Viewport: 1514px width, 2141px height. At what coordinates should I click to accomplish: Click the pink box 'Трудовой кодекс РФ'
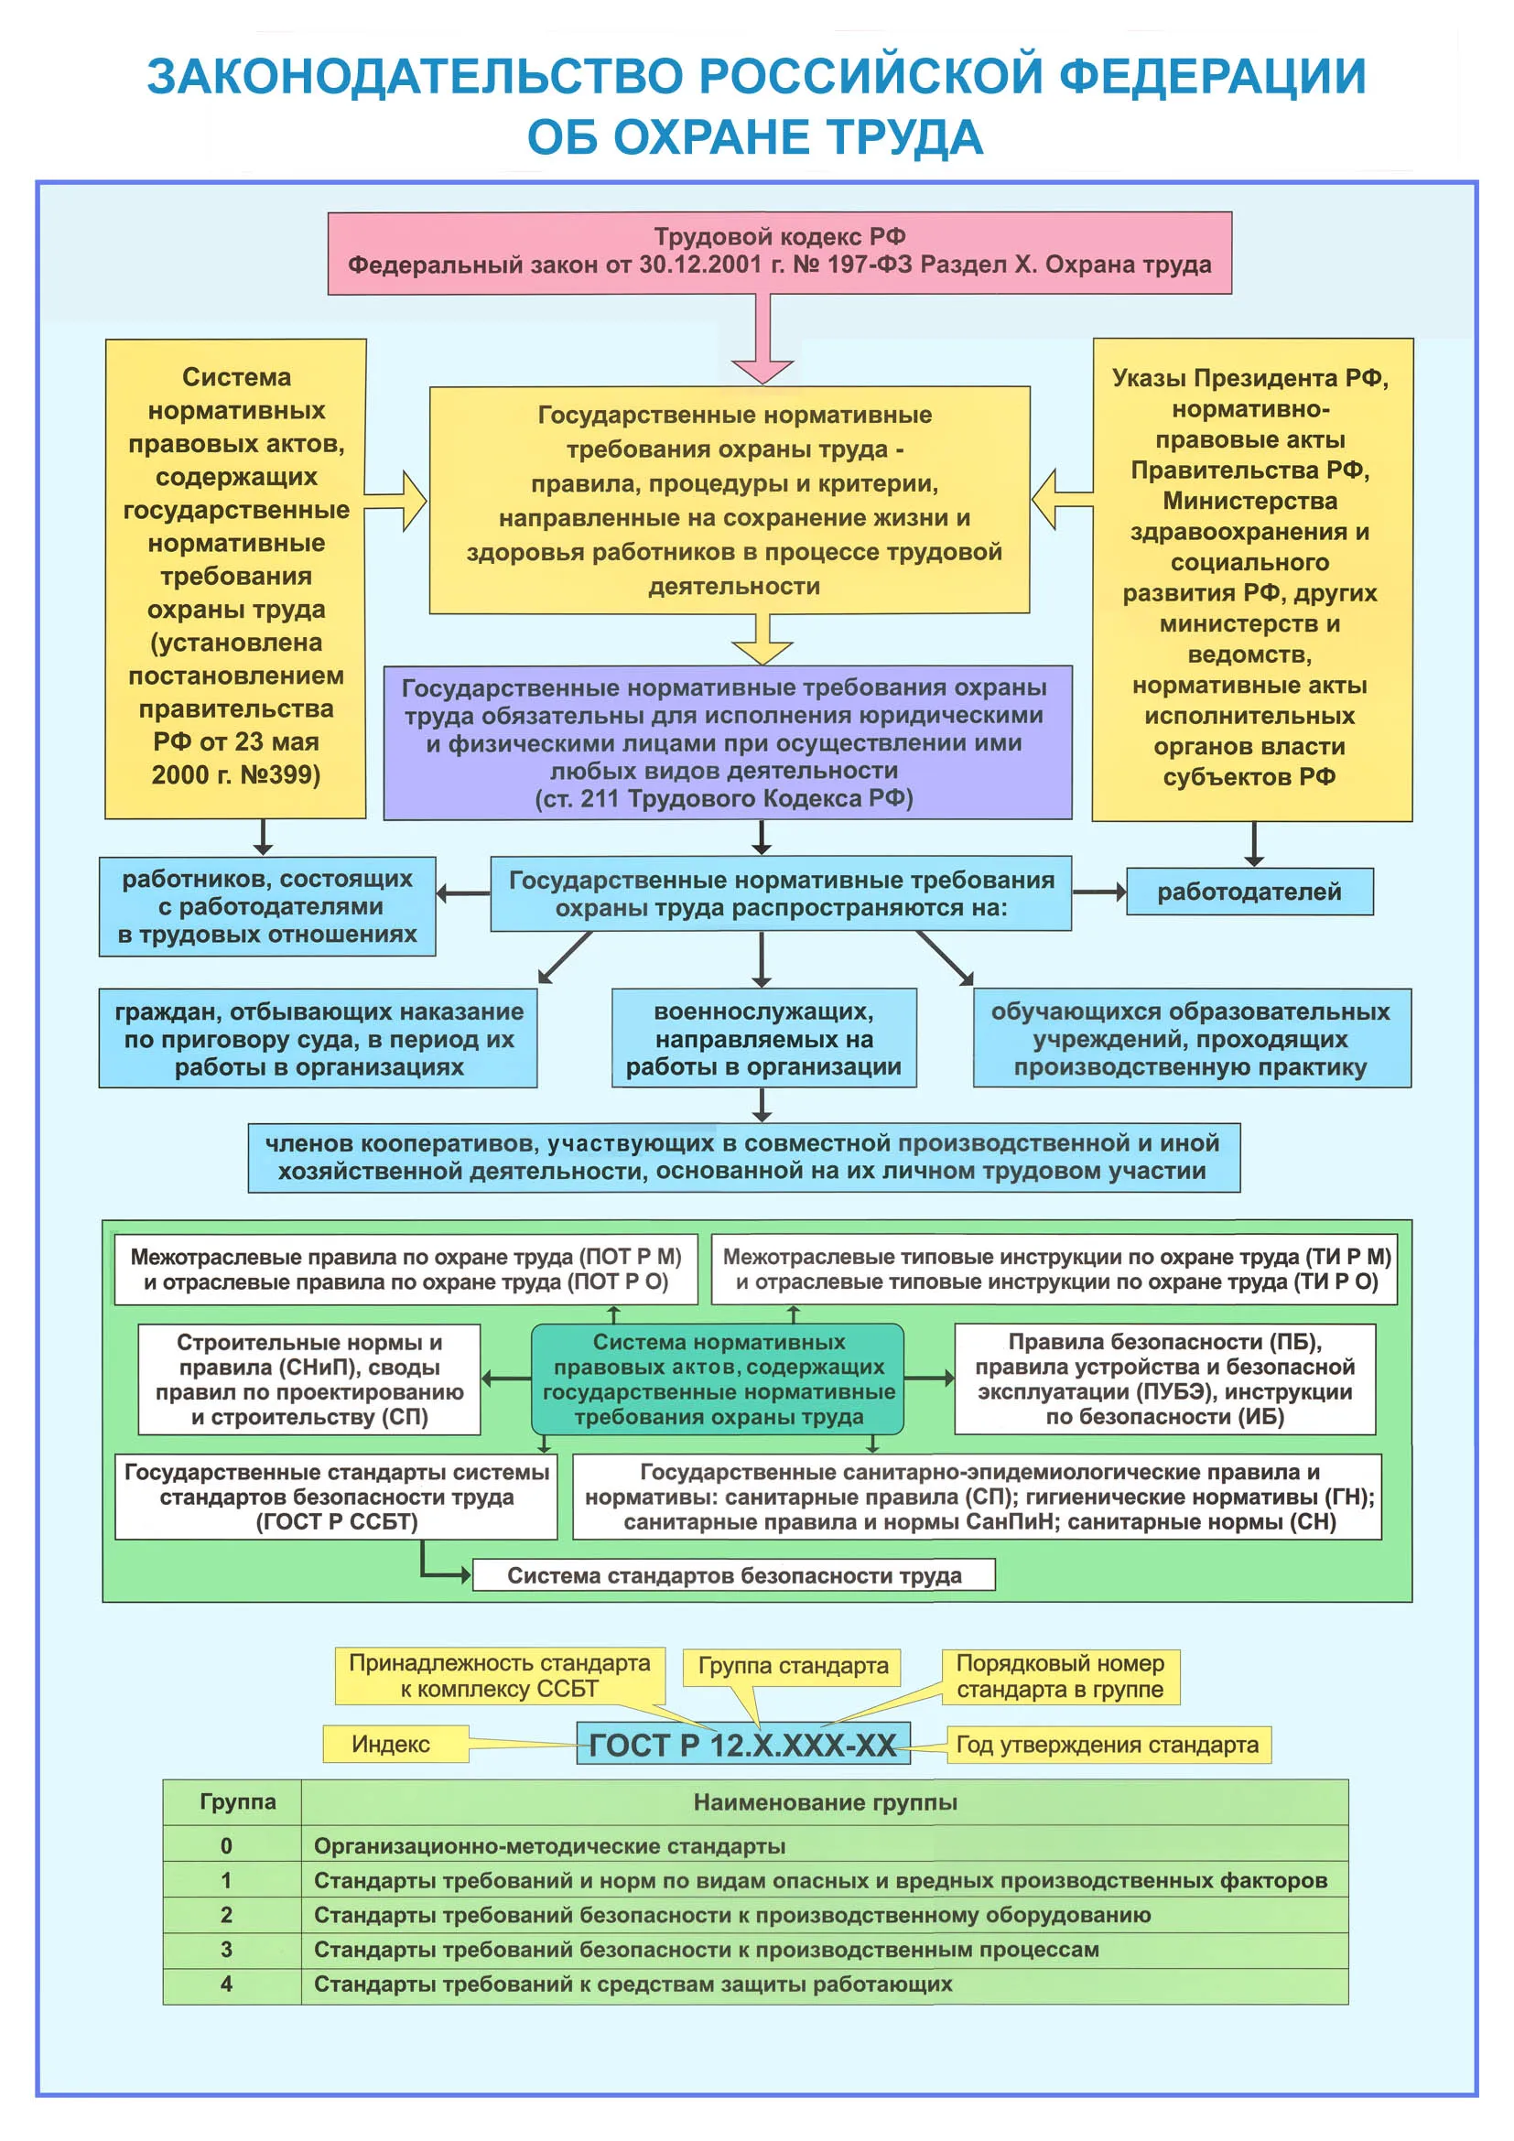coord(779,252)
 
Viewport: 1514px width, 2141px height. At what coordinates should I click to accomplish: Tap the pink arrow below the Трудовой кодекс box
coord(763,338)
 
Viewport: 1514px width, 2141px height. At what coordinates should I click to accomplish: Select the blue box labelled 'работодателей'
coord(1249,892)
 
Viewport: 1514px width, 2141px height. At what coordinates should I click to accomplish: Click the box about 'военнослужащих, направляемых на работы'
coord(763,1038)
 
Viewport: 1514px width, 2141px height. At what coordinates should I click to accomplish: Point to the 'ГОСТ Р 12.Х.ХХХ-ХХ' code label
coord(743,1745)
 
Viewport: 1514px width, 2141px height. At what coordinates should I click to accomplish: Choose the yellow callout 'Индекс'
coord(395,1744)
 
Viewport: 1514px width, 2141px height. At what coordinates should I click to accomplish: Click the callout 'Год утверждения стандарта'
coord(1108,1745)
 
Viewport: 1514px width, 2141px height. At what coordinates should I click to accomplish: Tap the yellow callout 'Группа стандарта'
coord(793,1666)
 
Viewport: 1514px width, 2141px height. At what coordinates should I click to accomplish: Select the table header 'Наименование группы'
coord(825,1802)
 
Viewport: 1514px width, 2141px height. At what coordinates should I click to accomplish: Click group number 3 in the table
coord(226,1950)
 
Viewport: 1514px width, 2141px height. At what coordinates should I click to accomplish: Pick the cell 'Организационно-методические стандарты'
coord(549,1846)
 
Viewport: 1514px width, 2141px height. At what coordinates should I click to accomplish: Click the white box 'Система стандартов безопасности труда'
coord(734,1575)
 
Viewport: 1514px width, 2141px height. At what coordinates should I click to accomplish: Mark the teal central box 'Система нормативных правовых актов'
coord(718,1379)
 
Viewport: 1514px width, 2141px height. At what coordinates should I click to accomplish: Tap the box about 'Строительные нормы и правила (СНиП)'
coord(309,1379)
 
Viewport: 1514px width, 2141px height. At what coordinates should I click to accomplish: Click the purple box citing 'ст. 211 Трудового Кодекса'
coord(727,742)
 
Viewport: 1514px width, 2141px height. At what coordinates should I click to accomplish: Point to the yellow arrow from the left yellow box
coord(395,501)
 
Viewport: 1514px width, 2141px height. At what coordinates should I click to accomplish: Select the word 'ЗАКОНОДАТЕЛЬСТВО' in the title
coord(416,77)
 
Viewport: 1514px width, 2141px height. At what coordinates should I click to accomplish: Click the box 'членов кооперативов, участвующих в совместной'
coord(744,1157)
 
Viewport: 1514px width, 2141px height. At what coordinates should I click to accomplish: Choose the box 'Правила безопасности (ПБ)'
coord(1165,1379)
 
